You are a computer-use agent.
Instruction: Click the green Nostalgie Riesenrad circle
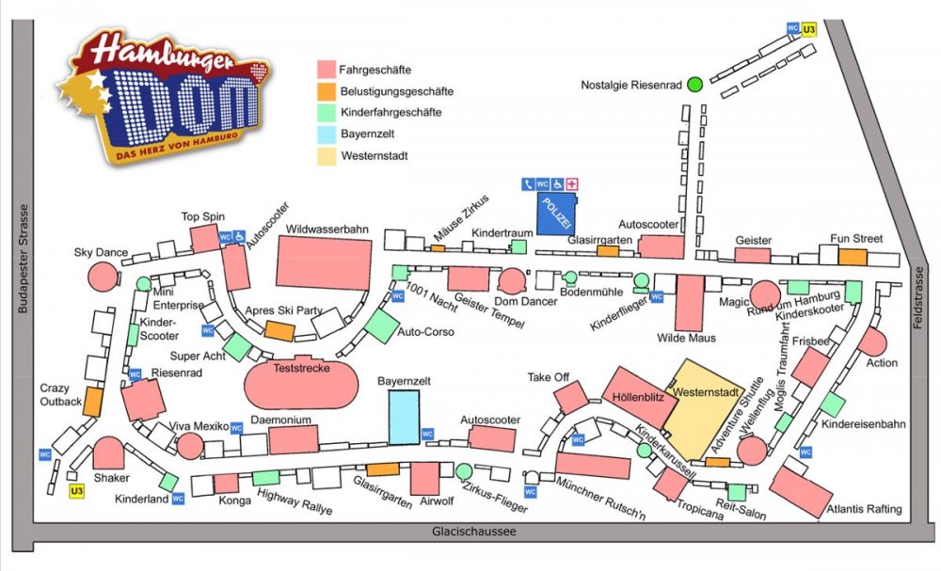(x=694, y=85)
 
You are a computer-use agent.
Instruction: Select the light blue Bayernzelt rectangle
(x=404, y=417)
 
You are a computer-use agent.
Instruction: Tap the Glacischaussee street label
(x=474, y=531)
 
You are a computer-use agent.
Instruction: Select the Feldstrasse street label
(x=919, y=297)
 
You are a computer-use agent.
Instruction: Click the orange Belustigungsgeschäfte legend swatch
(x=327, y=91)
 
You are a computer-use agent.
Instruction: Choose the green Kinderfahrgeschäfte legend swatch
(x=327, y=113)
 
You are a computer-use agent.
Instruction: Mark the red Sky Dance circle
(x=103, y=277)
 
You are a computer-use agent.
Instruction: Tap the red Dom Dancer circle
(x=511, y=280)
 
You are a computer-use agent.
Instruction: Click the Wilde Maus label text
(x=686, y=338)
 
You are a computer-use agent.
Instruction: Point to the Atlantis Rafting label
(x=864, y=510)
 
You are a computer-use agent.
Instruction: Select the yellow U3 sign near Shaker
(x=77, y=490)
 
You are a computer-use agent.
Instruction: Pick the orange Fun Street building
(x=852, y=257)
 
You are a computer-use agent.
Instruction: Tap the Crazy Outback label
(x=60, y=394)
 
